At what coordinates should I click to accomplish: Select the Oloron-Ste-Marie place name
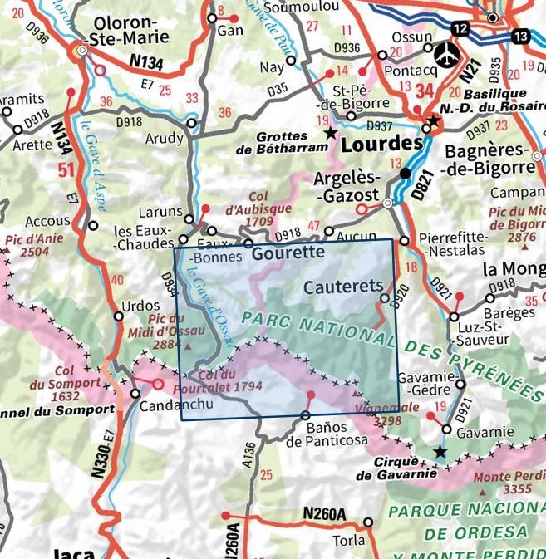132,30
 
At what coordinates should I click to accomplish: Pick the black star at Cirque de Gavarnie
440,452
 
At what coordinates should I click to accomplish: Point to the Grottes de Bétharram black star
331,133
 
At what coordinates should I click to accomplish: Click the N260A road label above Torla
323,514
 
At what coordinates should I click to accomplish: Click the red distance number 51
63,170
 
